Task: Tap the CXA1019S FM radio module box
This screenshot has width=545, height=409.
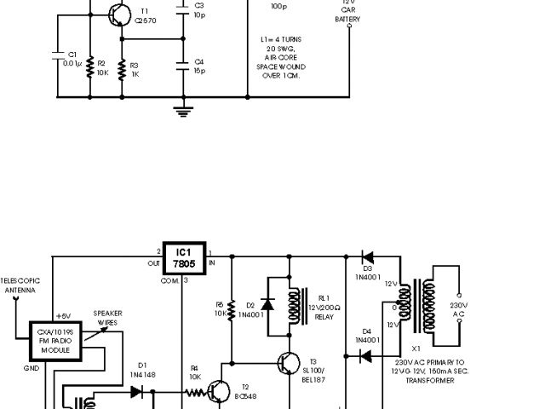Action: coord(54,339)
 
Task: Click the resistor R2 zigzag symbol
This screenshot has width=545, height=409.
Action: coord(89,67)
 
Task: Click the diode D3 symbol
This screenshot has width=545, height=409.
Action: coord(367,255)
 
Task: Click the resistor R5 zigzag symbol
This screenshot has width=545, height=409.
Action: coord(231,308)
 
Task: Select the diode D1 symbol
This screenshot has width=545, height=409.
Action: coord(137,393)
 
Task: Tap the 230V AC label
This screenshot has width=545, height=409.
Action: coord(459,308)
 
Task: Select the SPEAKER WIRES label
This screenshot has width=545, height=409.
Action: coord(107,319)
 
